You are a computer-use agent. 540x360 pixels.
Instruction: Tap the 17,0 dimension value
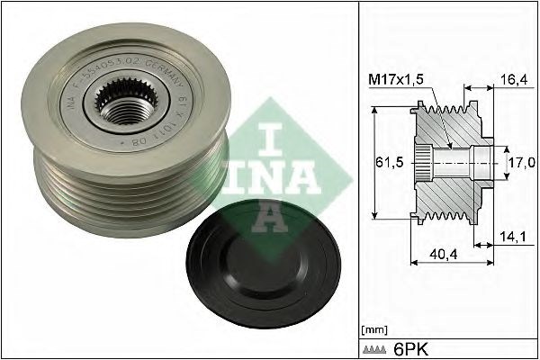point(523,163)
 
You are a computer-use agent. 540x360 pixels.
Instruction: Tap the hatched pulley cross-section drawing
point(447,163)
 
